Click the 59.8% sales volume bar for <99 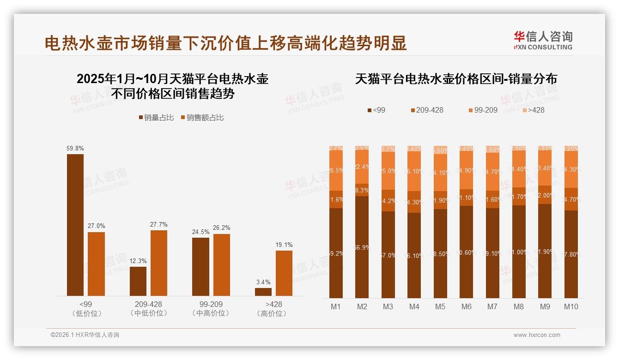(x=75, y=225)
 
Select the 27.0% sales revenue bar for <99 (x=96, y=264)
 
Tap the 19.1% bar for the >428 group (x=284, y=273)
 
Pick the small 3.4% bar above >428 (x=263, y=292)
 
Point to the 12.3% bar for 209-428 (x=138, y=281)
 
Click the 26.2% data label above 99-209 (x=221, y=228)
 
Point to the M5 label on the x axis (x=440, y=306)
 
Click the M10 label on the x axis (x=571, y=306)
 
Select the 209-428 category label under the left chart (x=148, y=305)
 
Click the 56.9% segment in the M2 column (x=362, y=247)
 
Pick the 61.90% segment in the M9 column (x=545, y=251)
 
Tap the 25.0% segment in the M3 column (x=388, y=170)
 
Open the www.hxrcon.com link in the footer (x=537, y=335)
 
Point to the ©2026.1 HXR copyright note (x=85, y=335)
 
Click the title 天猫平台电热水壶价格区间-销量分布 (x=456, y=79)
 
